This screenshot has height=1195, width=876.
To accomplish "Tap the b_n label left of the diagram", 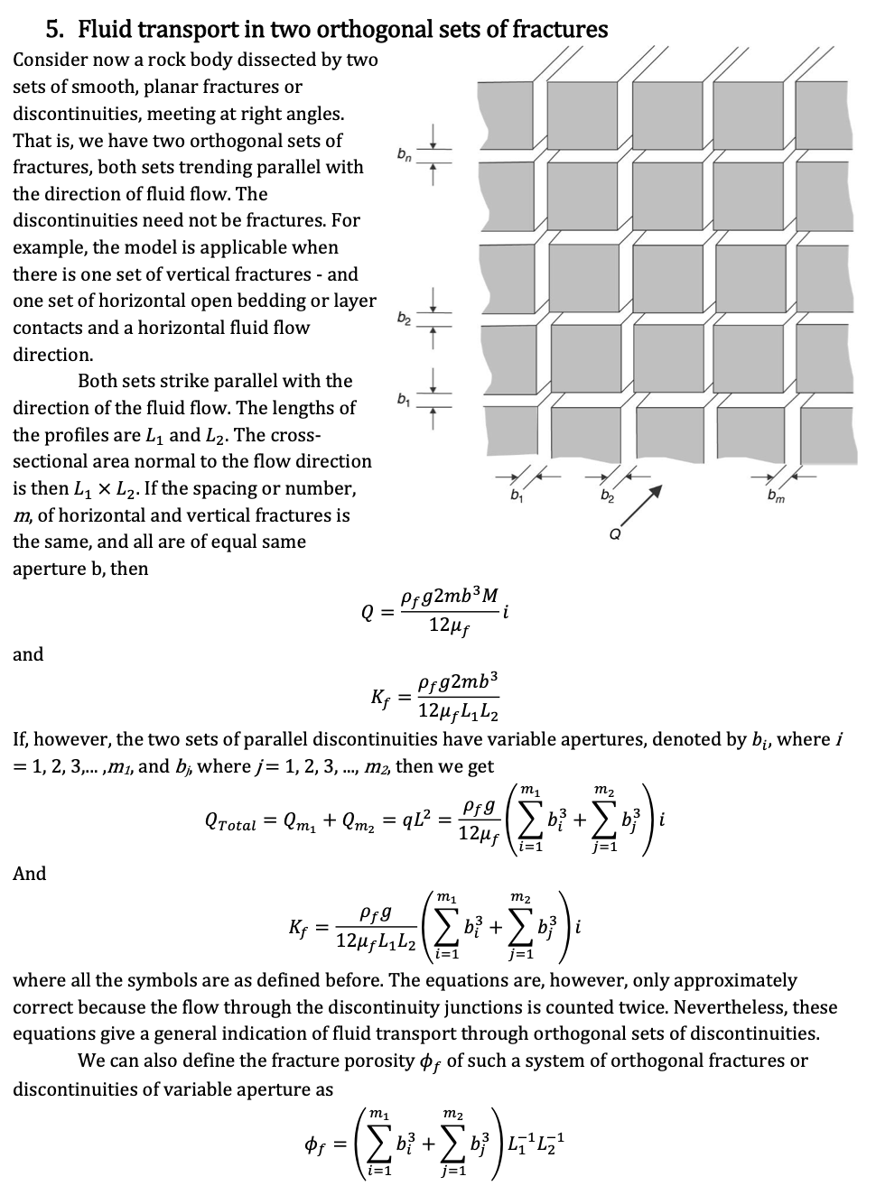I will (405, 157).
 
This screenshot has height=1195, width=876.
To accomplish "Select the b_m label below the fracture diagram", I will (775, 496).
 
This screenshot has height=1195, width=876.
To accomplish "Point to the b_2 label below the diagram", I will (607, 496).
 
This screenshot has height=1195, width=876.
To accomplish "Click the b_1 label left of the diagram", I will (405, 398).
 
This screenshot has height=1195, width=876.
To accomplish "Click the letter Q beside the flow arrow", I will (615, 532).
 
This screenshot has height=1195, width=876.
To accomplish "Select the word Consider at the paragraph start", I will (50, 60).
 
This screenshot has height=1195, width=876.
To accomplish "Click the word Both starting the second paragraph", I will (98, 381).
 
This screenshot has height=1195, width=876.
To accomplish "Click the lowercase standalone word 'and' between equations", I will (28, 654).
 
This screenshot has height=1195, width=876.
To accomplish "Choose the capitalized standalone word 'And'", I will (29, 874).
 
